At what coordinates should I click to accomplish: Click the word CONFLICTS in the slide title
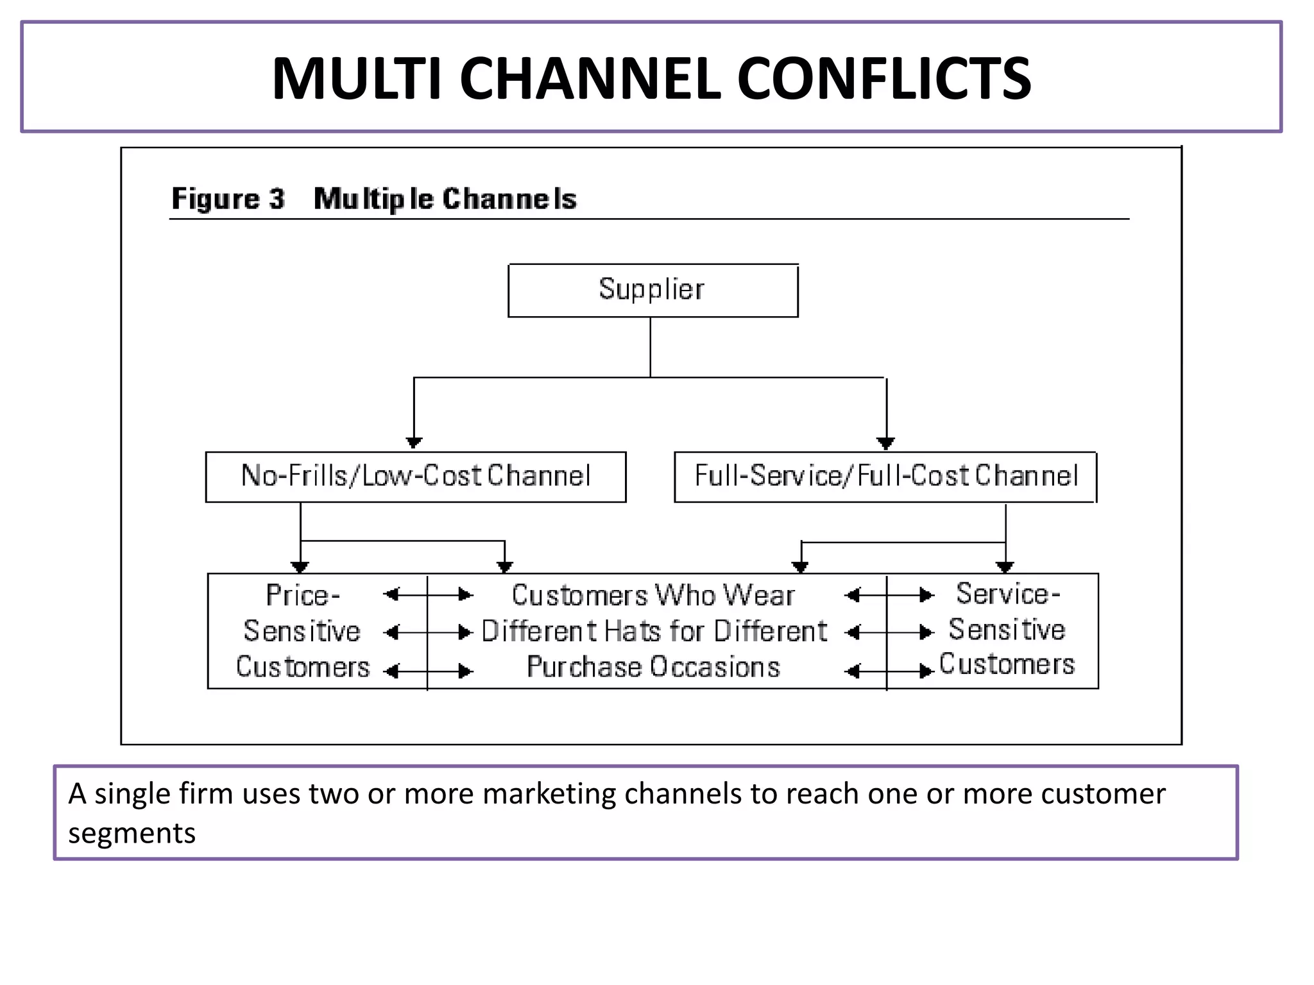click(x=883, y=78)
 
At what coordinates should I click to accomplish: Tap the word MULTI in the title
click(x=356, y=78)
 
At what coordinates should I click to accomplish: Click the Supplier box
click(x=653, y=290)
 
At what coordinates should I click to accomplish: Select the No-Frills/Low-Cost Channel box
click(x=415, y=476)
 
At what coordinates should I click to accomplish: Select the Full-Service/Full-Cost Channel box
click(x=885, y=476)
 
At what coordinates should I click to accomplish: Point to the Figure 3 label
click(x=228, y=198)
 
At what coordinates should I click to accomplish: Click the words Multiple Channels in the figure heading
click(x=445, y=198)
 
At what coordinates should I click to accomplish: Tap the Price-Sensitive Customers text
click(x=302, y=631)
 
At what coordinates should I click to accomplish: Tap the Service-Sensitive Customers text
click(x=1006, y=629)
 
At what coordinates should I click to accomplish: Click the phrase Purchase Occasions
click(x=653, y=667)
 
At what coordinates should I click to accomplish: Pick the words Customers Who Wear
click(x=653, y=595)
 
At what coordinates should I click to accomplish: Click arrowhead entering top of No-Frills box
click(x=414, y=443)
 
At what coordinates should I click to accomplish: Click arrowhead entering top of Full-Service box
click(x=886, y=443)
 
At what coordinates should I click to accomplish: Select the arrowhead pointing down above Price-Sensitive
click(x=300, y=567)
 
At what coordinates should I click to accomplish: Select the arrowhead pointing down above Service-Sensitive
click(x=1005, y=567)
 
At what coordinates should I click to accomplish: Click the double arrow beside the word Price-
click(x=427, y=595)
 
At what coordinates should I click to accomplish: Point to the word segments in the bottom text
click(x=132, y=833)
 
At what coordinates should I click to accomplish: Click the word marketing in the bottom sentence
click(x=548, y=794)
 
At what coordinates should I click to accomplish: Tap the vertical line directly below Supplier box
click(x=650, y=347)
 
